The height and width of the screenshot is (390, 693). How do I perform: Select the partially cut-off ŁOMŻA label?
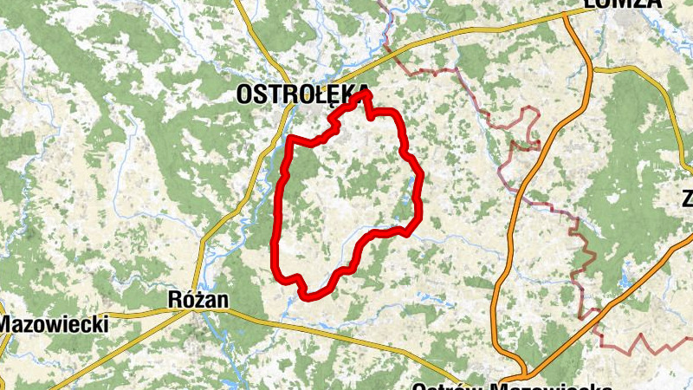pyautogui.click(x=622, y=4)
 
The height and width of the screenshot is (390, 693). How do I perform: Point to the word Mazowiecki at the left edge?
pyautogui.click(x=54, y=325)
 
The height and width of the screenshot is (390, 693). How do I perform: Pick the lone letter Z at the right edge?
pyautogui.click(x=686, y=198)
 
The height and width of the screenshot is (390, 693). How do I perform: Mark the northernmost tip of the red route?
pyautogui.click(x=366, y=91)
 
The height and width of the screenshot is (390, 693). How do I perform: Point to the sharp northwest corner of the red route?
pyautogui.click(x=289, y=139)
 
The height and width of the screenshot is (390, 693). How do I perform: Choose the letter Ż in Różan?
pyautogui.click(x=199, y=299)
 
